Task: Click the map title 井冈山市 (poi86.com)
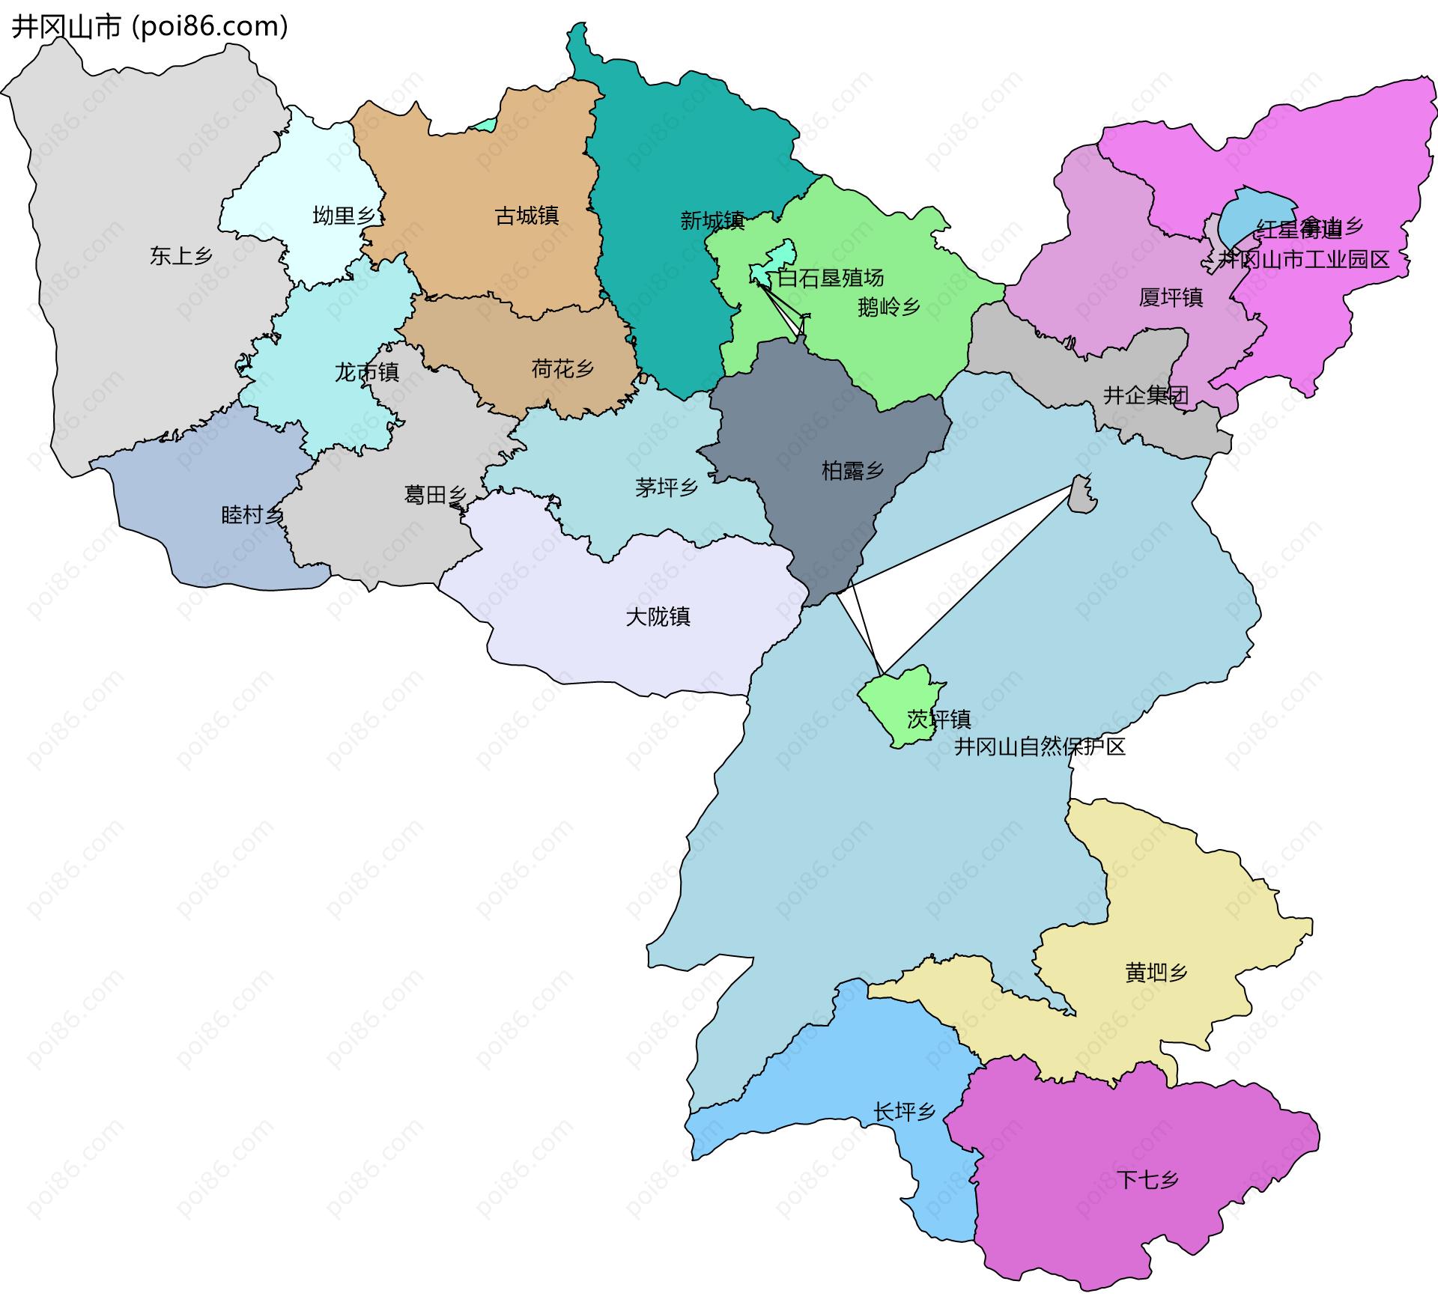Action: click(x=150, y=27)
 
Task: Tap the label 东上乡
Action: click(x=181, y=256)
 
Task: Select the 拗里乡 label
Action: click(x=344, y=216)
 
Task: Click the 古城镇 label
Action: click(x=527, y=216)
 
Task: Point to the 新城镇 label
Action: click(x=712, y=221)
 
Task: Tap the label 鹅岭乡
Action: click(x=889, y=307)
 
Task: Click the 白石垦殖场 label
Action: click(x=830, y=279)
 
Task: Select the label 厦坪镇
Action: click(x=1171, y=298)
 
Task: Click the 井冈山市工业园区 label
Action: click(x=1303, y=260)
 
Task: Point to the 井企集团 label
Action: click(x=1146, y=395)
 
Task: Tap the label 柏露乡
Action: click(x=852, y=471)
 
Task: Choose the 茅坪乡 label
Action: click(x=667, y=488)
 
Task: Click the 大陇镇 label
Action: click(x=658, y=617)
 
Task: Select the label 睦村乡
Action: click(x=252, y=515)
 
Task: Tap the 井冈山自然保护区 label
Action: click(x=1040, y=746)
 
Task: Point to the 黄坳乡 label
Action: click(x=1156, y=973)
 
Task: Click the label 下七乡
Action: click(x=1147, y=1180)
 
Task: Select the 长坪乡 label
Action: click(x=904, y=1112)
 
